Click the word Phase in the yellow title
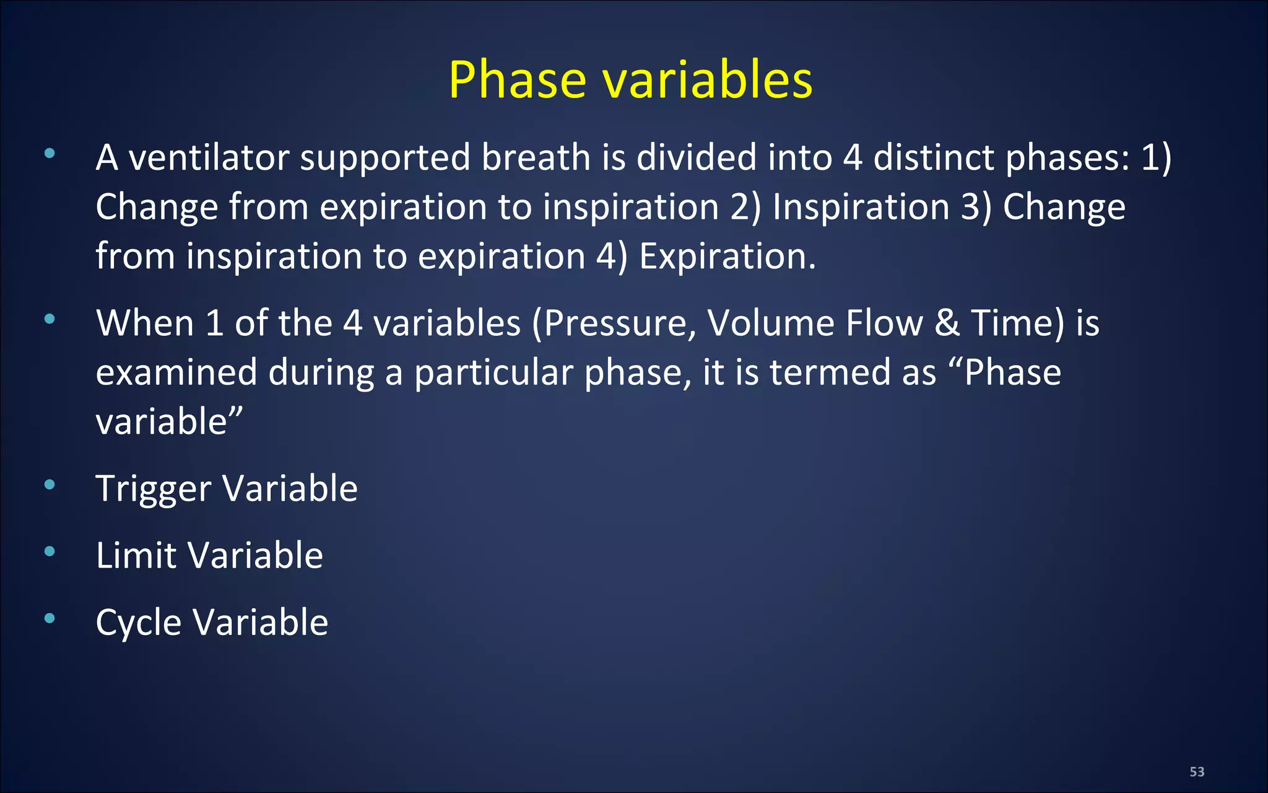click(517, 81)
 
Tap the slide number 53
click(1197, 772)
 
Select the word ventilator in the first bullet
click(209, 157)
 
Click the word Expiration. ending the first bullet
click(727, 256)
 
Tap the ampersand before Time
click(947, 323)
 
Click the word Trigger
click(154, 489)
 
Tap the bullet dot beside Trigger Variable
click(50, 484)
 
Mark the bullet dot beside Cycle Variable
click(50, 618)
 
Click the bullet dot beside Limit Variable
click(50, 551)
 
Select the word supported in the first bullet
click(384, 159)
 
